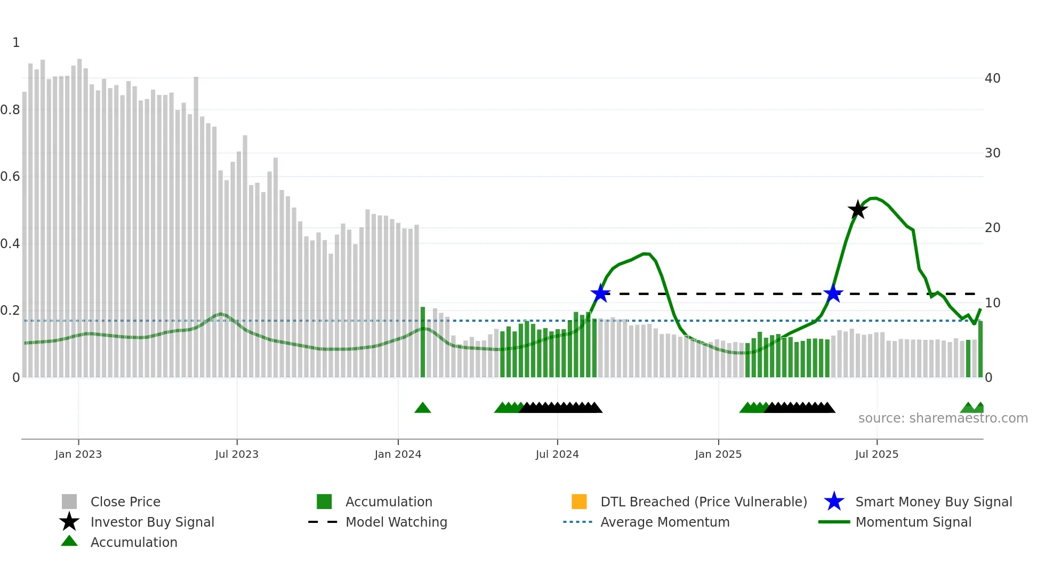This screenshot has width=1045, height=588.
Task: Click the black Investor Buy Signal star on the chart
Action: [857, 210]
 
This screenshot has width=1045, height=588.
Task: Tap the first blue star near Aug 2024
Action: [600, 293]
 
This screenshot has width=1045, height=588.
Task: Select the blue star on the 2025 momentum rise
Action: [833, 293]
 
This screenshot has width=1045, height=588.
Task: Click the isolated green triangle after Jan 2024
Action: [423, 408]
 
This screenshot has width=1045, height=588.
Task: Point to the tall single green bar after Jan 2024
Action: [423, 341]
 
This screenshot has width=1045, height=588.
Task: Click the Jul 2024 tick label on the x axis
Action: [557, 454]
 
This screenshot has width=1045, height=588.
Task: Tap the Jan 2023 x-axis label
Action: [78, 454]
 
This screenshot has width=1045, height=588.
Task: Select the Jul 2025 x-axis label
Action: [877, 454]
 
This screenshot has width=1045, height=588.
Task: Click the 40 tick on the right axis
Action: [992, 78]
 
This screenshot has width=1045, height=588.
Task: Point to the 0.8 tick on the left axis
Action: [11, 110]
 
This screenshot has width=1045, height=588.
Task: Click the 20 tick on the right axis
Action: [992, 228]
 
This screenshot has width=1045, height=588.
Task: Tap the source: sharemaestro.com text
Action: [943, 418]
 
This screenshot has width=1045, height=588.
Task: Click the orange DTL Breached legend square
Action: [579, 502]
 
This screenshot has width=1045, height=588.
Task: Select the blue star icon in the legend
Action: [834, 502]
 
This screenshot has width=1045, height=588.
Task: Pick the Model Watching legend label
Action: [396, 522]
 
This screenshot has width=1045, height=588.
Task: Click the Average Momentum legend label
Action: [665, 522]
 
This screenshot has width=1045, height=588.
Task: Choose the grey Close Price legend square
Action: [69, 502]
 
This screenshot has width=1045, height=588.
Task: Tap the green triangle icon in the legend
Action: [69, 541]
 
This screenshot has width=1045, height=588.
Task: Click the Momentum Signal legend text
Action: [913, 522]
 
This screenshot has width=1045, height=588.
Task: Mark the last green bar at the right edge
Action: [980, 349]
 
